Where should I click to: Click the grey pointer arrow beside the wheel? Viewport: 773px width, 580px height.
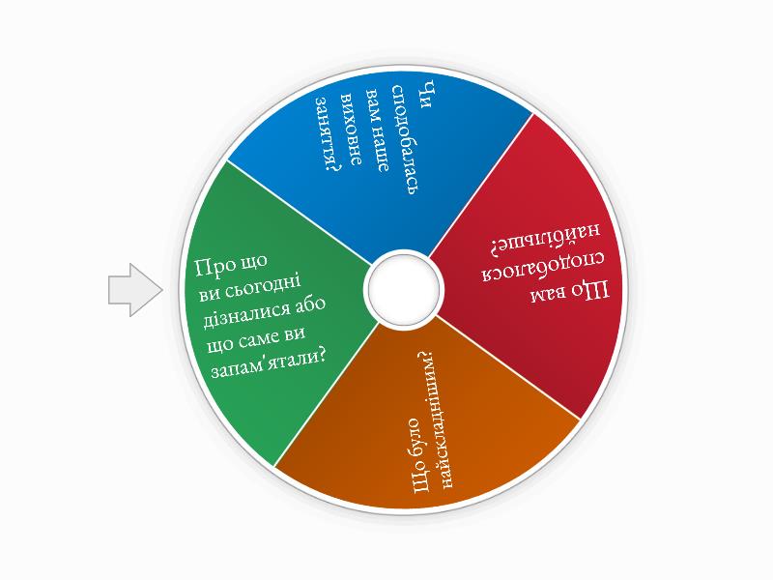click(x=134, y=289)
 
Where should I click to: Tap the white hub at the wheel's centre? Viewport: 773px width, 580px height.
click(x=404, y=289)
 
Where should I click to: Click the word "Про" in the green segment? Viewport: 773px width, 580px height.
click(x=214, y=267)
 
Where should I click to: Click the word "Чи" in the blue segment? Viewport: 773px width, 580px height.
click(x=428, y=93)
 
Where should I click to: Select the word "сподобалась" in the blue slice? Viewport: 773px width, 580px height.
click(x=406, y=139)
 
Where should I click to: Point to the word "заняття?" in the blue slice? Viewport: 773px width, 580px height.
click(x=329, y=134)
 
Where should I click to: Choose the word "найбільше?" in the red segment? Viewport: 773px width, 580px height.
click(x=546, y=238)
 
